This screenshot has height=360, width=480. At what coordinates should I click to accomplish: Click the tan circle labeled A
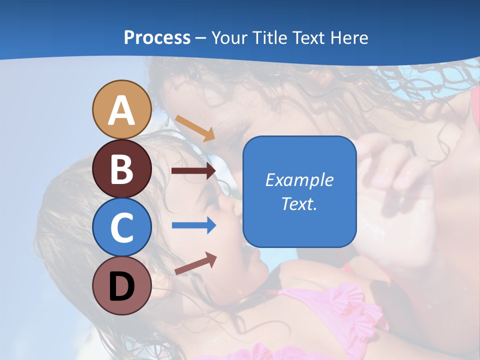(121, 109)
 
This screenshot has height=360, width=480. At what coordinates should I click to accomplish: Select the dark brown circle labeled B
(121, 168)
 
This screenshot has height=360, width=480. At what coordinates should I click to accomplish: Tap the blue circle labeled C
(121, 227)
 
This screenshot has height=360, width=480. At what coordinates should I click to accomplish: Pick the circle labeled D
(121, 286)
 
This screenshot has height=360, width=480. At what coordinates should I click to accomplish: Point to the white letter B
(121, 169)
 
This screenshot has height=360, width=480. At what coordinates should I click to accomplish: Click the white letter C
(121, 228)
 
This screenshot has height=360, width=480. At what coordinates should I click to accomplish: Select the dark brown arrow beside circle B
(193, 171)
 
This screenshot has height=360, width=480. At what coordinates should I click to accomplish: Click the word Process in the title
(157, 38)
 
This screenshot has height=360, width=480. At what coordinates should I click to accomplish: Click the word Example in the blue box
(299, 180)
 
